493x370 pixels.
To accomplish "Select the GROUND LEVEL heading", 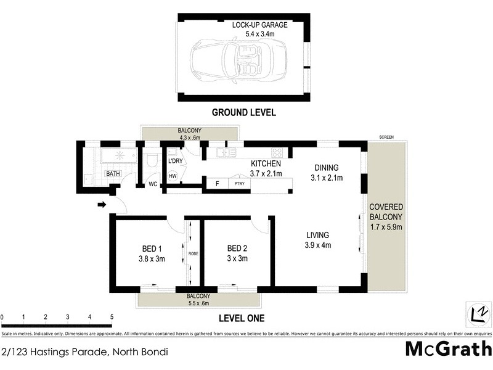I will tap(243, 112).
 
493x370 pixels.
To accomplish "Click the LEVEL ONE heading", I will tap(242, 318).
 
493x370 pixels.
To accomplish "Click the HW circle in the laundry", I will tap(173, 176).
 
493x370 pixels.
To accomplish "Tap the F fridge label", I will tap(216, 184).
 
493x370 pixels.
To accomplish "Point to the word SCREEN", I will tap(386, 137).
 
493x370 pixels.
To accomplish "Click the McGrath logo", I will tap(448, 349).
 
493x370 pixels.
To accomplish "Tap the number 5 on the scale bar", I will tap(112, 316).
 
